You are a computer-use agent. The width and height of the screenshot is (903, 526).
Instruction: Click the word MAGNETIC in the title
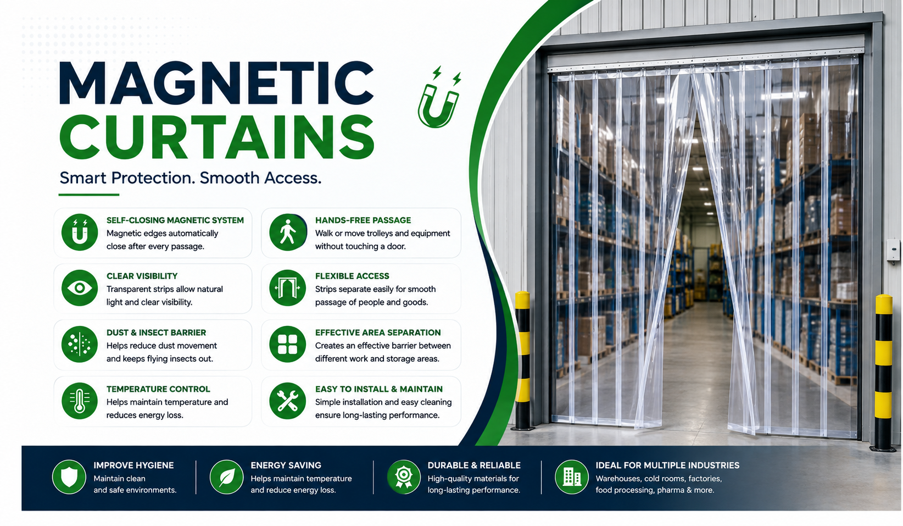click(216, 84)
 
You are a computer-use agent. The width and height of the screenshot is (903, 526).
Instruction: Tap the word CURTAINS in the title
click(217, 137)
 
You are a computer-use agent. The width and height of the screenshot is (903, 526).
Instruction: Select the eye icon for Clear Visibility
click(80, 288)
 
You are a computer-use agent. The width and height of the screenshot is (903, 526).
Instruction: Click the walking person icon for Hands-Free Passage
click(288, 232)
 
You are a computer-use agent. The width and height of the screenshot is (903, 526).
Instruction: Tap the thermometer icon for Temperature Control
click(80, 401)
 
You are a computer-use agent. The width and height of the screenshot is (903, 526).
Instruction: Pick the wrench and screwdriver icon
click(288, 401)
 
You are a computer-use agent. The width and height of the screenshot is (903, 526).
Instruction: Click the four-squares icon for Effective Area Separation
click(288, 344)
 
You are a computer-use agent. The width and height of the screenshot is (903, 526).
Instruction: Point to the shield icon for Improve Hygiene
click(69, 477)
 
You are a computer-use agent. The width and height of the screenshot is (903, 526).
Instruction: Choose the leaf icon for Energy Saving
click(226, 477)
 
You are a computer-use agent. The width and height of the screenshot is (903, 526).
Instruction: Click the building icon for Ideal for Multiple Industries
click(572, 477)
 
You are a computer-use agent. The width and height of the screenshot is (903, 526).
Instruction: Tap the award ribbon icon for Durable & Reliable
click(404, 477)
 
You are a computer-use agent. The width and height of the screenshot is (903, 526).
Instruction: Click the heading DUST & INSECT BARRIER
click(156, 333)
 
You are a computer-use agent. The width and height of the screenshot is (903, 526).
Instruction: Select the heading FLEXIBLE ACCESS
click(352, 276)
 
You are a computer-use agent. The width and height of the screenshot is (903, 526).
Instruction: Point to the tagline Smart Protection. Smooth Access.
click(190, 178)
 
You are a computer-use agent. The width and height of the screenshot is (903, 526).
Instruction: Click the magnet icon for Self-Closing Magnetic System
click(80, 232)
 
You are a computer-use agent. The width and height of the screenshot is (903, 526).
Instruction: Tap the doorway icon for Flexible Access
click(288, 288)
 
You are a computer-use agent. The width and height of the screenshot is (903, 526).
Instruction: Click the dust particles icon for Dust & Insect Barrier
click(80, 344)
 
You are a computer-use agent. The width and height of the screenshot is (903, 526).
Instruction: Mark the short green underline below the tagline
click(88, 195)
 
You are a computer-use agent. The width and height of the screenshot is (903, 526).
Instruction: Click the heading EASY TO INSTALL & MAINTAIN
click(379, 389)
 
